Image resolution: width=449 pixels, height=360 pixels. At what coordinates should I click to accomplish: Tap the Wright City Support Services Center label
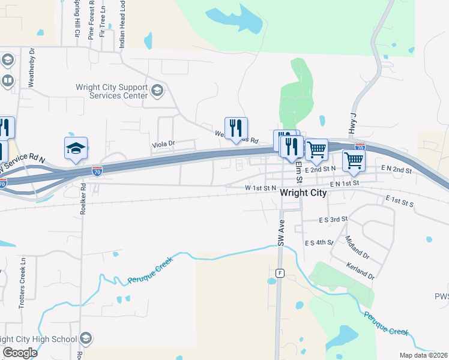(x=112, y=91)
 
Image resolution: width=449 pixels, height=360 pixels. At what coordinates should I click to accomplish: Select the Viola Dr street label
(x=163, y=144)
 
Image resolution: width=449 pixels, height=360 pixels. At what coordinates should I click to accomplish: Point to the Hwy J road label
(x=352, y=124)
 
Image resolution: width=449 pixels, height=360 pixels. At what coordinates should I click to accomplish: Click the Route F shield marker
(x=280, y=273)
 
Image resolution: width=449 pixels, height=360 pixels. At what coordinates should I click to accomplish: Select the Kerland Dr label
(x=360, y=271)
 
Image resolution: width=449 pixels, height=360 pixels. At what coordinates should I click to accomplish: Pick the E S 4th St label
(x=319, y=242)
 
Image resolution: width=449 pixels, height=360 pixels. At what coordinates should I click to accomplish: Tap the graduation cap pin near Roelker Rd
(x=76, y=149)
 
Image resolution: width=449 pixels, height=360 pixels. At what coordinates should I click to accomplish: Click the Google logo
(x=20, y=353)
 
